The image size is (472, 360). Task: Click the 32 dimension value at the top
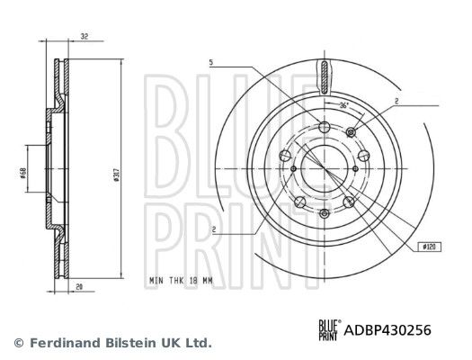(x=85, y=37)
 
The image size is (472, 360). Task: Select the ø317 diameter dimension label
(x=117, y=175)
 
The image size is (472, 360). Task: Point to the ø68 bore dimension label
(x=22, y=173)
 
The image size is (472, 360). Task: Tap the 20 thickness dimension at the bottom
(x=79, y=287)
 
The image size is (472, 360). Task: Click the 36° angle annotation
(x=343, y=105)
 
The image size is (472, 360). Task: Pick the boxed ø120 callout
(x=430, y=247)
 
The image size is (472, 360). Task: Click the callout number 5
(x=211, y=62)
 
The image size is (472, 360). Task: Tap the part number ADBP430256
(x=387, y=330)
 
